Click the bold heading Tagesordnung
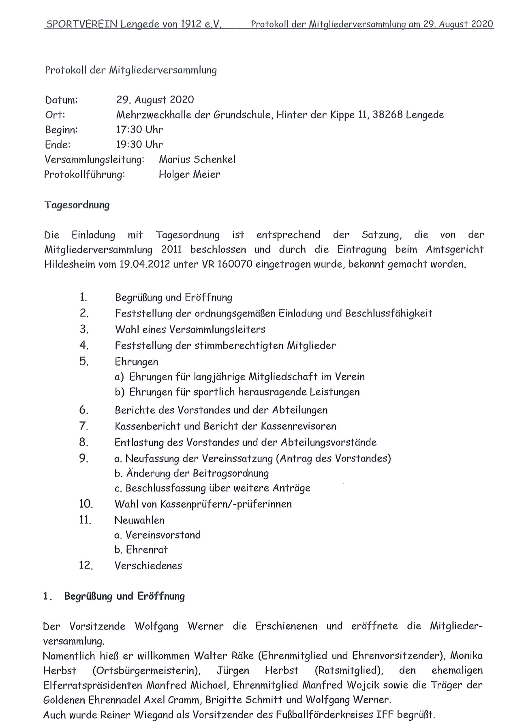77,205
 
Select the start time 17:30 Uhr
139,130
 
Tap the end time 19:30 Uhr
139,145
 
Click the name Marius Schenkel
197,160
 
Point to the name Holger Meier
189,175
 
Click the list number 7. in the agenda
83,426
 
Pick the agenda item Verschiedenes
148,566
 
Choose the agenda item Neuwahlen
139,520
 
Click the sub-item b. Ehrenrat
141,550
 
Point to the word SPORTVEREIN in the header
82,24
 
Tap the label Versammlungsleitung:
94,160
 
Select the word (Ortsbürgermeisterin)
146,670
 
